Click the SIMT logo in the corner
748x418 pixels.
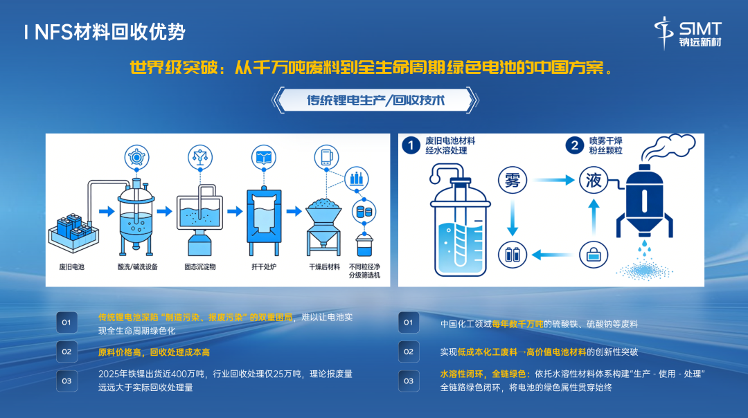tap(688, 33)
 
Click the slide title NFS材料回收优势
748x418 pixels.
tap(109, 33)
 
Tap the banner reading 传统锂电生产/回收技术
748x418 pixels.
tap(375, 100)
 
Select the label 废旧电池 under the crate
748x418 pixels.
tap(71, 267)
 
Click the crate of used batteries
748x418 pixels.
tap(73, 233)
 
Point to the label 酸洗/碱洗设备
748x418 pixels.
tap(137, 267)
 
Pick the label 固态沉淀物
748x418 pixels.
tap(200, 267)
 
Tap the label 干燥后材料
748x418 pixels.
tap(324, 267)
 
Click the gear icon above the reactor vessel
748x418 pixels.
tap(137, 157)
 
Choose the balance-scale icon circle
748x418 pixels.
tap(200, 157)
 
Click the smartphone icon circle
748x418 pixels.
tap(326, 157)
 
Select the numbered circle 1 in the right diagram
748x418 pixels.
tap(411, 145)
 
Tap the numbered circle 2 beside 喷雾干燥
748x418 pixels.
tap(574, 145)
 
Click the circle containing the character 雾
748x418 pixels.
tap(513, 180)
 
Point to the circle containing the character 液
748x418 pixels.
tap(594, 180)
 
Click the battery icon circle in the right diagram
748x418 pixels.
tap(513, 255)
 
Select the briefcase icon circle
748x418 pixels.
tap(594, 255)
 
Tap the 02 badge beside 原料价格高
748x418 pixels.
tap(66, 352)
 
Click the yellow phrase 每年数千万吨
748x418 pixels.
tap(517, 324)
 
